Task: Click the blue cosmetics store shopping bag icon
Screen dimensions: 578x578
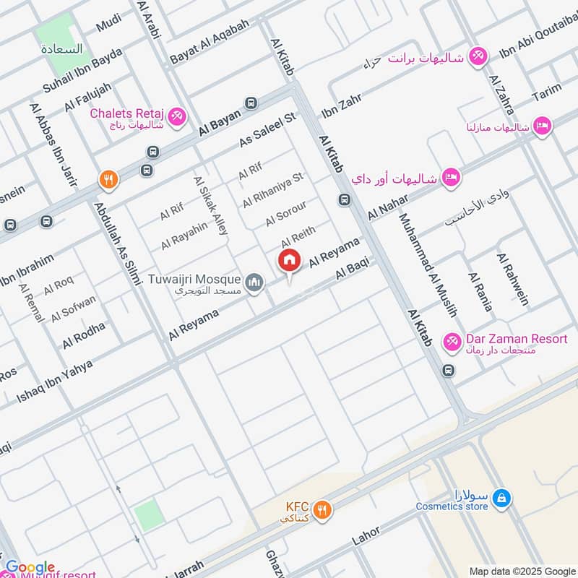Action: tap(504, 497)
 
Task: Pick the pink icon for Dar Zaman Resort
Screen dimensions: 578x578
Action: tap(452, 340)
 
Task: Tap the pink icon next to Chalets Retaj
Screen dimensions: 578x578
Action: tap(176, 116)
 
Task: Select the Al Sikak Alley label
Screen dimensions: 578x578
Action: tap(210, 205)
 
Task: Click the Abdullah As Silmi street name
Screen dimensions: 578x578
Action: tap(118, 243)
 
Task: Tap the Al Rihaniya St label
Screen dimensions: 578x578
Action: tap(273, 188)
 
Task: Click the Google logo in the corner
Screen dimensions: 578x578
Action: tap(30, 566)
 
